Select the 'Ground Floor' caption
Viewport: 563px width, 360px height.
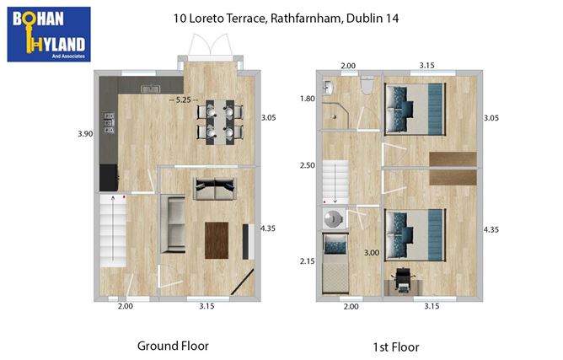172,346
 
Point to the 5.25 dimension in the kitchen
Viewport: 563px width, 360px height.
184,99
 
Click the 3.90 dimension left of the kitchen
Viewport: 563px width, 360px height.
84,134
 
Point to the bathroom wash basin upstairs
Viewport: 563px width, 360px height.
329,87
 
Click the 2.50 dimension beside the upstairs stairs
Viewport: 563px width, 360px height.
307,166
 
